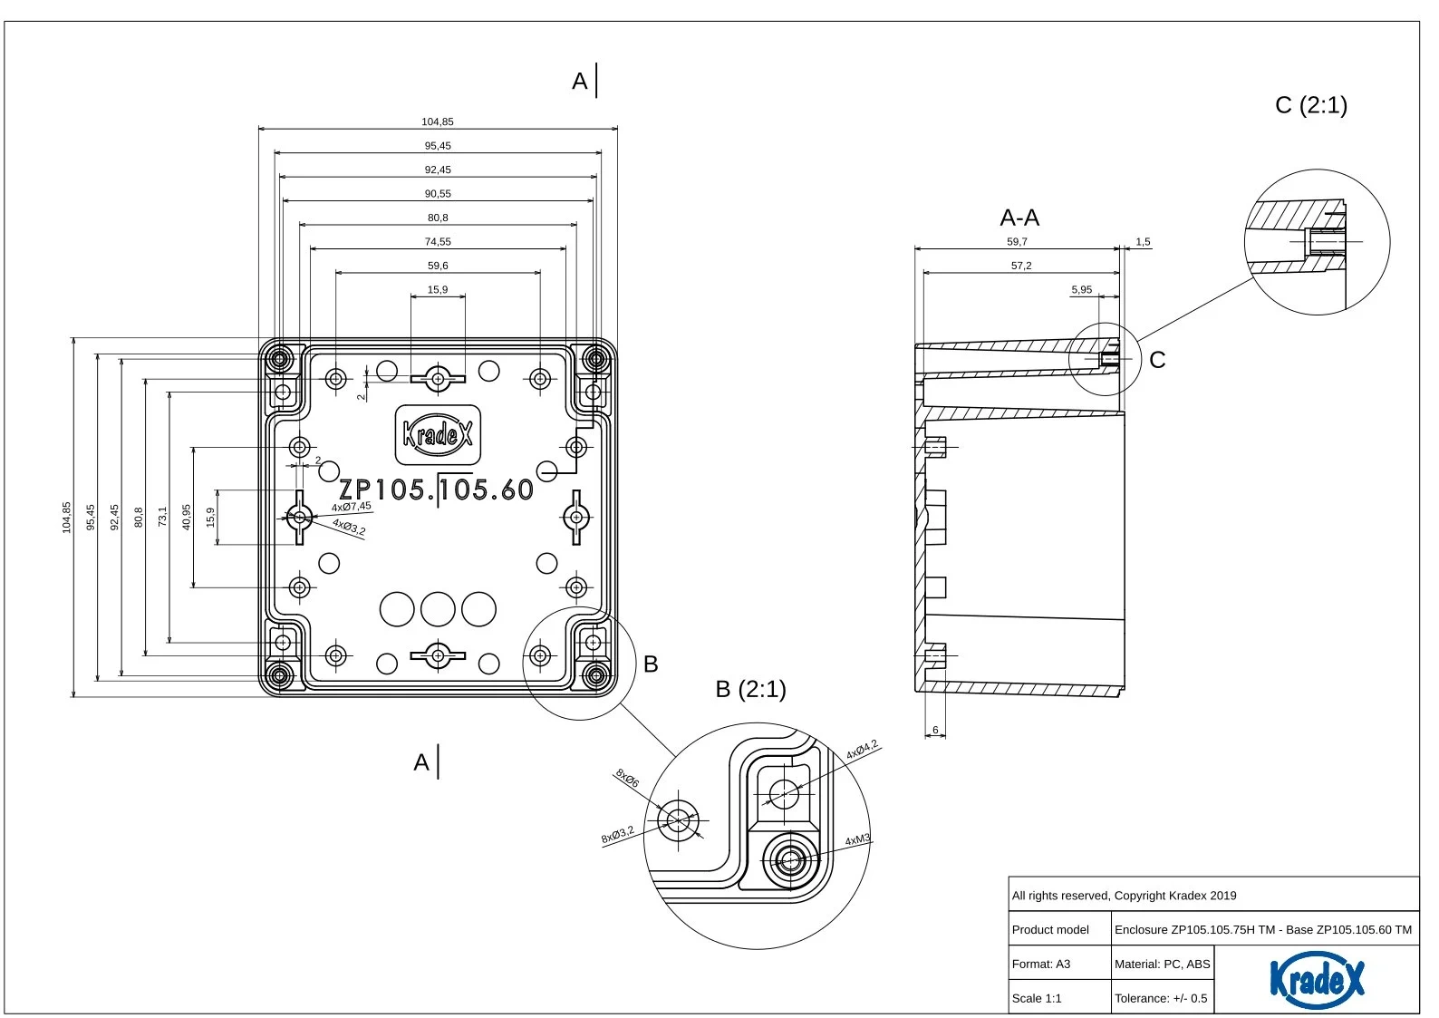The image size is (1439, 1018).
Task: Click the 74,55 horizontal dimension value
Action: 438,242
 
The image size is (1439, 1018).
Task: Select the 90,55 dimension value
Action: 438,194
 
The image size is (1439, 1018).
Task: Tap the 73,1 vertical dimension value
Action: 163,517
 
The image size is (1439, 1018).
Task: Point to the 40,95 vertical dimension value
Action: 187,517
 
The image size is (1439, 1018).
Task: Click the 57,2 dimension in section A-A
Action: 1021,266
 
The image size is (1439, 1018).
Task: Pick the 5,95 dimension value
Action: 1082,290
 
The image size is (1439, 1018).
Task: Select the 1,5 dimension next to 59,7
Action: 1143,242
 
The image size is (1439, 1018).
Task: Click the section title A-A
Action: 1019,218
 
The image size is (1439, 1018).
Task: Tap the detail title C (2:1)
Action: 1310,105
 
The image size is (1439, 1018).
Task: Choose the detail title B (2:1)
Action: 750,689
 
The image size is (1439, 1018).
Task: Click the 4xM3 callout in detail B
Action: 857,840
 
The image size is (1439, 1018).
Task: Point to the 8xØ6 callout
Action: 627,778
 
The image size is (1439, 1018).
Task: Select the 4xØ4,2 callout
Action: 862,751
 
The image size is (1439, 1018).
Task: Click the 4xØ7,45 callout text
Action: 351,507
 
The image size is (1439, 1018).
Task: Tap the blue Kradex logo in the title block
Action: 1316,979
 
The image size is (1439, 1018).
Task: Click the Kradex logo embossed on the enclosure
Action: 438,435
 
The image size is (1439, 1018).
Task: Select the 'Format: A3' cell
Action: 1041,964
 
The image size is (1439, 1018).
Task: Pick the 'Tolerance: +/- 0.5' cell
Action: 1161,998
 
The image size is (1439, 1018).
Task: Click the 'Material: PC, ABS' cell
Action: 1162,964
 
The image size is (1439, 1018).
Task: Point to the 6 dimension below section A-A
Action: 935,730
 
